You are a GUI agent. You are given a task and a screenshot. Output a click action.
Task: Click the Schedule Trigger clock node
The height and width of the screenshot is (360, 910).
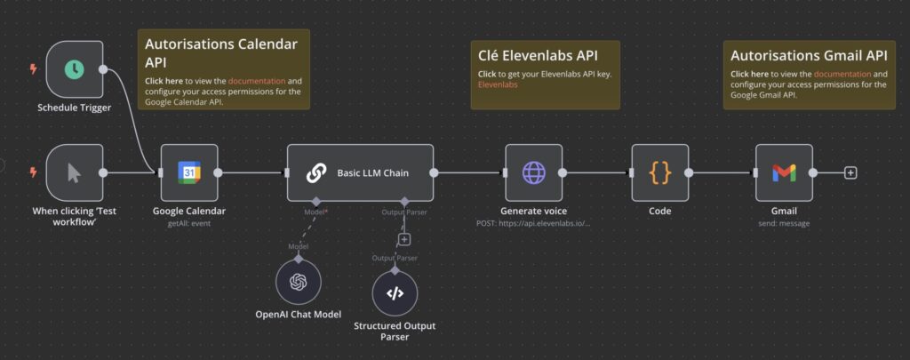75,69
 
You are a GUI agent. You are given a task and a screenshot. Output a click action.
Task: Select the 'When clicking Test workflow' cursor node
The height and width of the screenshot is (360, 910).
75,172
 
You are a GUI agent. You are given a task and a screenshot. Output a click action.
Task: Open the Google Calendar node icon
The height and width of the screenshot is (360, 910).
188,172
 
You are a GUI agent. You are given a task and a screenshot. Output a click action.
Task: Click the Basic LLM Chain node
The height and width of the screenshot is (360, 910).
360,172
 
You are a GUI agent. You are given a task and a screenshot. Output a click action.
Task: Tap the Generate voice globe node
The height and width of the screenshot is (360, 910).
533,172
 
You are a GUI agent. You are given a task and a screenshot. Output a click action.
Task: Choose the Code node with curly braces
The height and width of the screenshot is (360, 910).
659,172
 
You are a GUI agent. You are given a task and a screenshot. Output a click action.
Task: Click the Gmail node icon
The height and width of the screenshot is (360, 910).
784,172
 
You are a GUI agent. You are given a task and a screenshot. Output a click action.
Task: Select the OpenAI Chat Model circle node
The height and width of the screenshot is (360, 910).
298,283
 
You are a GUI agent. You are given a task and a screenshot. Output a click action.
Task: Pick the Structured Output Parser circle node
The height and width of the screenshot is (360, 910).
395,292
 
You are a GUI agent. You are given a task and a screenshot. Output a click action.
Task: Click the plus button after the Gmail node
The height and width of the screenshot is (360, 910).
850,172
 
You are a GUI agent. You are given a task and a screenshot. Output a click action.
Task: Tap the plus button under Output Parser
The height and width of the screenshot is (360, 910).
404,239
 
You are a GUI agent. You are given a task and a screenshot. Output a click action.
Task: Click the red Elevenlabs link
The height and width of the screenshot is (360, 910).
498,85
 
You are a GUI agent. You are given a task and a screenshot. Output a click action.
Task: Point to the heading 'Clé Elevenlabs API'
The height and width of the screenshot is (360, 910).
538,56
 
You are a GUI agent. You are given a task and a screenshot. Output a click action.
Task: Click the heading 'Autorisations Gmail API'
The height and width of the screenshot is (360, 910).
809,54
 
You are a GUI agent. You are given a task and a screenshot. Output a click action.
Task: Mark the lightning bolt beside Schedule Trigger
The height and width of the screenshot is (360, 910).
34,68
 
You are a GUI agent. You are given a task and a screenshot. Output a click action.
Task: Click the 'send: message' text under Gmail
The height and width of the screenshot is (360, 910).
783,223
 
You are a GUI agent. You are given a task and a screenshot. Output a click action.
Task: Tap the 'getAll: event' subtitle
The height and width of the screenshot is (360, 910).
188,223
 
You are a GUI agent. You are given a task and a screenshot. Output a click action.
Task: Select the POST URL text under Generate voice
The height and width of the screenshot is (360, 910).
533,223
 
